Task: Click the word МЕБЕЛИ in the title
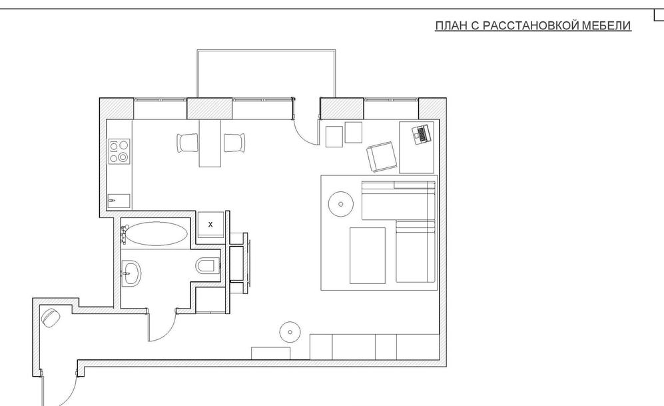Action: (x=607, y=25)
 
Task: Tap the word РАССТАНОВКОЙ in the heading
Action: (x=531, y=25)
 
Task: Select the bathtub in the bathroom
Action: (x=157, y=233)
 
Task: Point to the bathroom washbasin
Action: (x=131, y=273)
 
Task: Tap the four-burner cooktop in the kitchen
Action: (x=119, y=151)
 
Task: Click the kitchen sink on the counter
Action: (x=119, y=201)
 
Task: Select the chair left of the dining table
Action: (x=187, y=143)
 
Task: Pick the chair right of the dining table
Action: (x=234, y=143)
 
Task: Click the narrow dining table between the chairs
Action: (x=210, y=143)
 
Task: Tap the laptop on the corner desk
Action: (x=422, y=135)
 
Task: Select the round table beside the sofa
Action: (x=341, y=204)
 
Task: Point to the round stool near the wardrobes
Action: (x=290, y=332)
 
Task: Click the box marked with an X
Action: (x=210, y=225)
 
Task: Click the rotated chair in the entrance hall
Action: (x=51, y=317)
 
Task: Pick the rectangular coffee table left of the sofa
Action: (x=368, y=255)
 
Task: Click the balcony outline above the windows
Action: (x=266, y=50)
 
